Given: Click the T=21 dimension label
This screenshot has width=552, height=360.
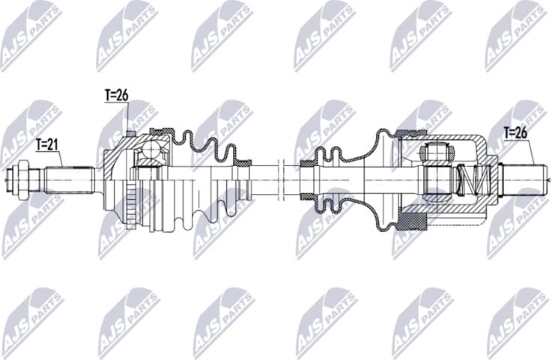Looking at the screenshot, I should click(x=47, y=144).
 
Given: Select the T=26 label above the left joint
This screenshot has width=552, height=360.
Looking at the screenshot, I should click(x=117, y=95).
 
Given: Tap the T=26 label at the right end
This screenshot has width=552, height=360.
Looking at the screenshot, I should click(x=516, y=133).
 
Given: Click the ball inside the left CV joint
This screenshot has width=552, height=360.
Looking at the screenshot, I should click(x=152, y=152).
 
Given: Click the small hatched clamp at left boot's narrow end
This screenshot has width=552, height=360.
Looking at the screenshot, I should click(x=243, y=161).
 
